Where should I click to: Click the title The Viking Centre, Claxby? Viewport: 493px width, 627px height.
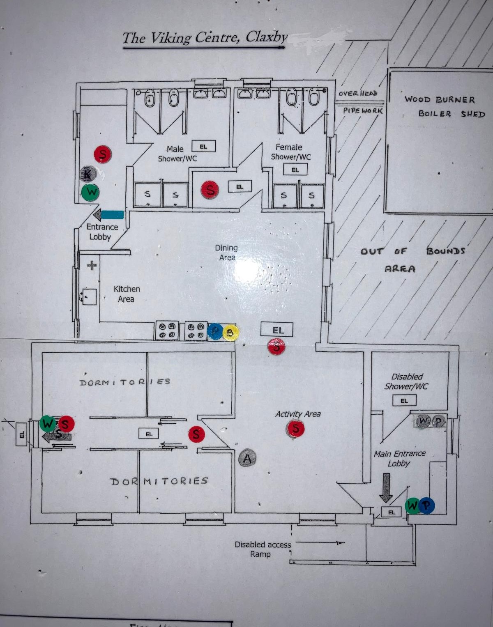tap(205, 38)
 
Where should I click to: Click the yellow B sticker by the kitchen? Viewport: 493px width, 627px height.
tap(230, 332)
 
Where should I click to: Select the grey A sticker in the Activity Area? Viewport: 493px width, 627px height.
tap(247, 458)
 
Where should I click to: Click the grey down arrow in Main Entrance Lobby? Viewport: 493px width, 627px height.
tap(386, 487)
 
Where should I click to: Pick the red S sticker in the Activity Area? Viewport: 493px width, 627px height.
tap(295, 429)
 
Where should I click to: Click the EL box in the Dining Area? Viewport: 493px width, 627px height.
tap(278, 330)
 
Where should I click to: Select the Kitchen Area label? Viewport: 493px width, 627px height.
tap(127, 294)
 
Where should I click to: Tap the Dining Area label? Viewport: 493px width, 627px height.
tap(226, 253)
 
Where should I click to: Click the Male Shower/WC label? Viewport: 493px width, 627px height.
tap(177, 154)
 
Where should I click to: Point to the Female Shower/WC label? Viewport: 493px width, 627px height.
tap(290, 152)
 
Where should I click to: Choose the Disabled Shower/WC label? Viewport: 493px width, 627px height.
tap(406, 381)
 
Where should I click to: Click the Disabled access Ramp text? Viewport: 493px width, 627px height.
tap(263, 549)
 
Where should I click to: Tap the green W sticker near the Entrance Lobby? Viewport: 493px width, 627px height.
tap(90, 192)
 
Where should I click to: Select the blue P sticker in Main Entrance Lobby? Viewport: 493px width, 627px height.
tap(427, 505)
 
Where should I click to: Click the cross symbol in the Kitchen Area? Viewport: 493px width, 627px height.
tap(92, 265)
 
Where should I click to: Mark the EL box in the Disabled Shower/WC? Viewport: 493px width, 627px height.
tap(404, 400)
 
